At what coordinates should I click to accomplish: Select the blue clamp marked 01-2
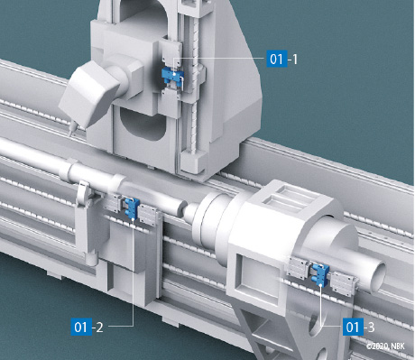point(132,208)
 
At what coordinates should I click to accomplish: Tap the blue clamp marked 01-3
point(320,274)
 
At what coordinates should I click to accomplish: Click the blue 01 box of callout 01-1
point(277,59)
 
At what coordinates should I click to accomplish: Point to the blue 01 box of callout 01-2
point(81,327)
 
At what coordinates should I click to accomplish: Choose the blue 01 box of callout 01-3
point(353,327)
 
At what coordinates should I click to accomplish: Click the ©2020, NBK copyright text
point(385,346)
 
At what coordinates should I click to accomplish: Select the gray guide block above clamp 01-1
point(172,56)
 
